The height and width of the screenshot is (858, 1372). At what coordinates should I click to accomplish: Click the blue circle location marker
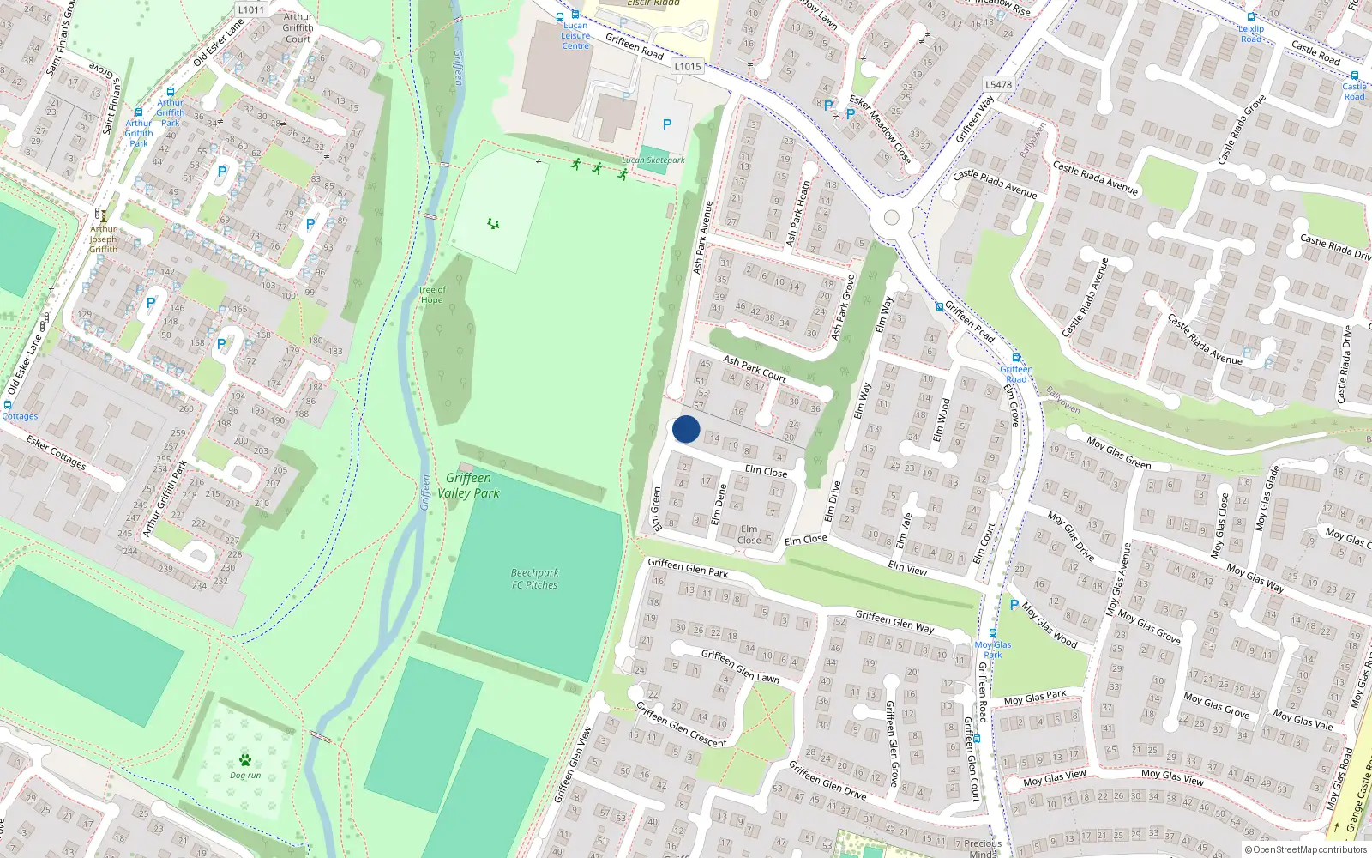686,429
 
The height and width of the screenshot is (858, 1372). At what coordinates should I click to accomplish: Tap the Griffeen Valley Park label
468,486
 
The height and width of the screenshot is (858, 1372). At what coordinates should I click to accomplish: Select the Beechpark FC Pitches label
534,579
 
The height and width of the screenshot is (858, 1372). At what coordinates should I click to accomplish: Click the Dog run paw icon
245,760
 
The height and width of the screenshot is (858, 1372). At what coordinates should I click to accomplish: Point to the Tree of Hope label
431,295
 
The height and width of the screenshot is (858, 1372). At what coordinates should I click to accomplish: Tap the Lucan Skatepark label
653,160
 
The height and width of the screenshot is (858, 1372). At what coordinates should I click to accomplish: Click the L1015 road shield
688,66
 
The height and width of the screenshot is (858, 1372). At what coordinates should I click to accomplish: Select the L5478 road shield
998,84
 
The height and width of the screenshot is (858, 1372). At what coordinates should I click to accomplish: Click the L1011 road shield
251,10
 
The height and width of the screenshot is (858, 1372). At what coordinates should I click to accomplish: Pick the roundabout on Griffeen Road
891,218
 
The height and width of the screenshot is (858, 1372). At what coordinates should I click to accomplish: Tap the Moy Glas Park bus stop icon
993,634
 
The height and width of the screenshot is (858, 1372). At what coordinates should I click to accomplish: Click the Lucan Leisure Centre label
575,35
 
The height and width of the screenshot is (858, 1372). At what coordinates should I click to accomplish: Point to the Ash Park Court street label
755,369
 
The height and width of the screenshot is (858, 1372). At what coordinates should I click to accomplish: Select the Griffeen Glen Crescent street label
681,724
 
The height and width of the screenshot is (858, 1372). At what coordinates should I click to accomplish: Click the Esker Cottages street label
56,452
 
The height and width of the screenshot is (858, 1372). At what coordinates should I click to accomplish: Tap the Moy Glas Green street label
1119,453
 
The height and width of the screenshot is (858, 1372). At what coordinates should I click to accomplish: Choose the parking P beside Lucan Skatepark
667,124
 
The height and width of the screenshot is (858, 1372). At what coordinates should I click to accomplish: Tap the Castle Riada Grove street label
1242,130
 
